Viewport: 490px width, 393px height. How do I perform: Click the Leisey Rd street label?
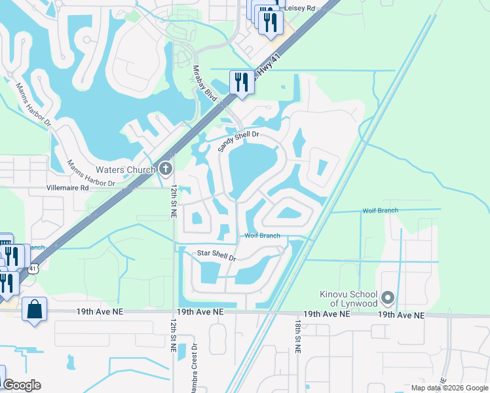pos(301,8)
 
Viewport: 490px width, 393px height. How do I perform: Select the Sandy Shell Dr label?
pos(238,141)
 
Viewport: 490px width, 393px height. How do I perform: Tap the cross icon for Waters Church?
pos(165,170)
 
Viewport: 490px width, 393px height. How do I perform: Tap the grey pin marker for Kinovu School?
pos(388,298)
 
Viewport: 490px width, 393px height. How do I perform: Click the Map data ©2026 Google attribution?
pos(449,388)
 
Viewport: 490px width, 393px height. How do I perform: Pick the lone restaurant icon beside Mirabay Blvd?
pos(242,82)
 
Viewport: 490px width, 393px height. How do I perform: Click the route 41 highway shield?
pos(33,268)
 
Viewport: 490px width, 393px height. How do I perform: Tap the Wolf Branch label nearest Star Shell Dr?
pos(262,236)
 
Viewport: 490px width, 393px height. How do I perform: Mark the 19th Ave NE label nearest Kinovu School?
pos(401,315)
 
